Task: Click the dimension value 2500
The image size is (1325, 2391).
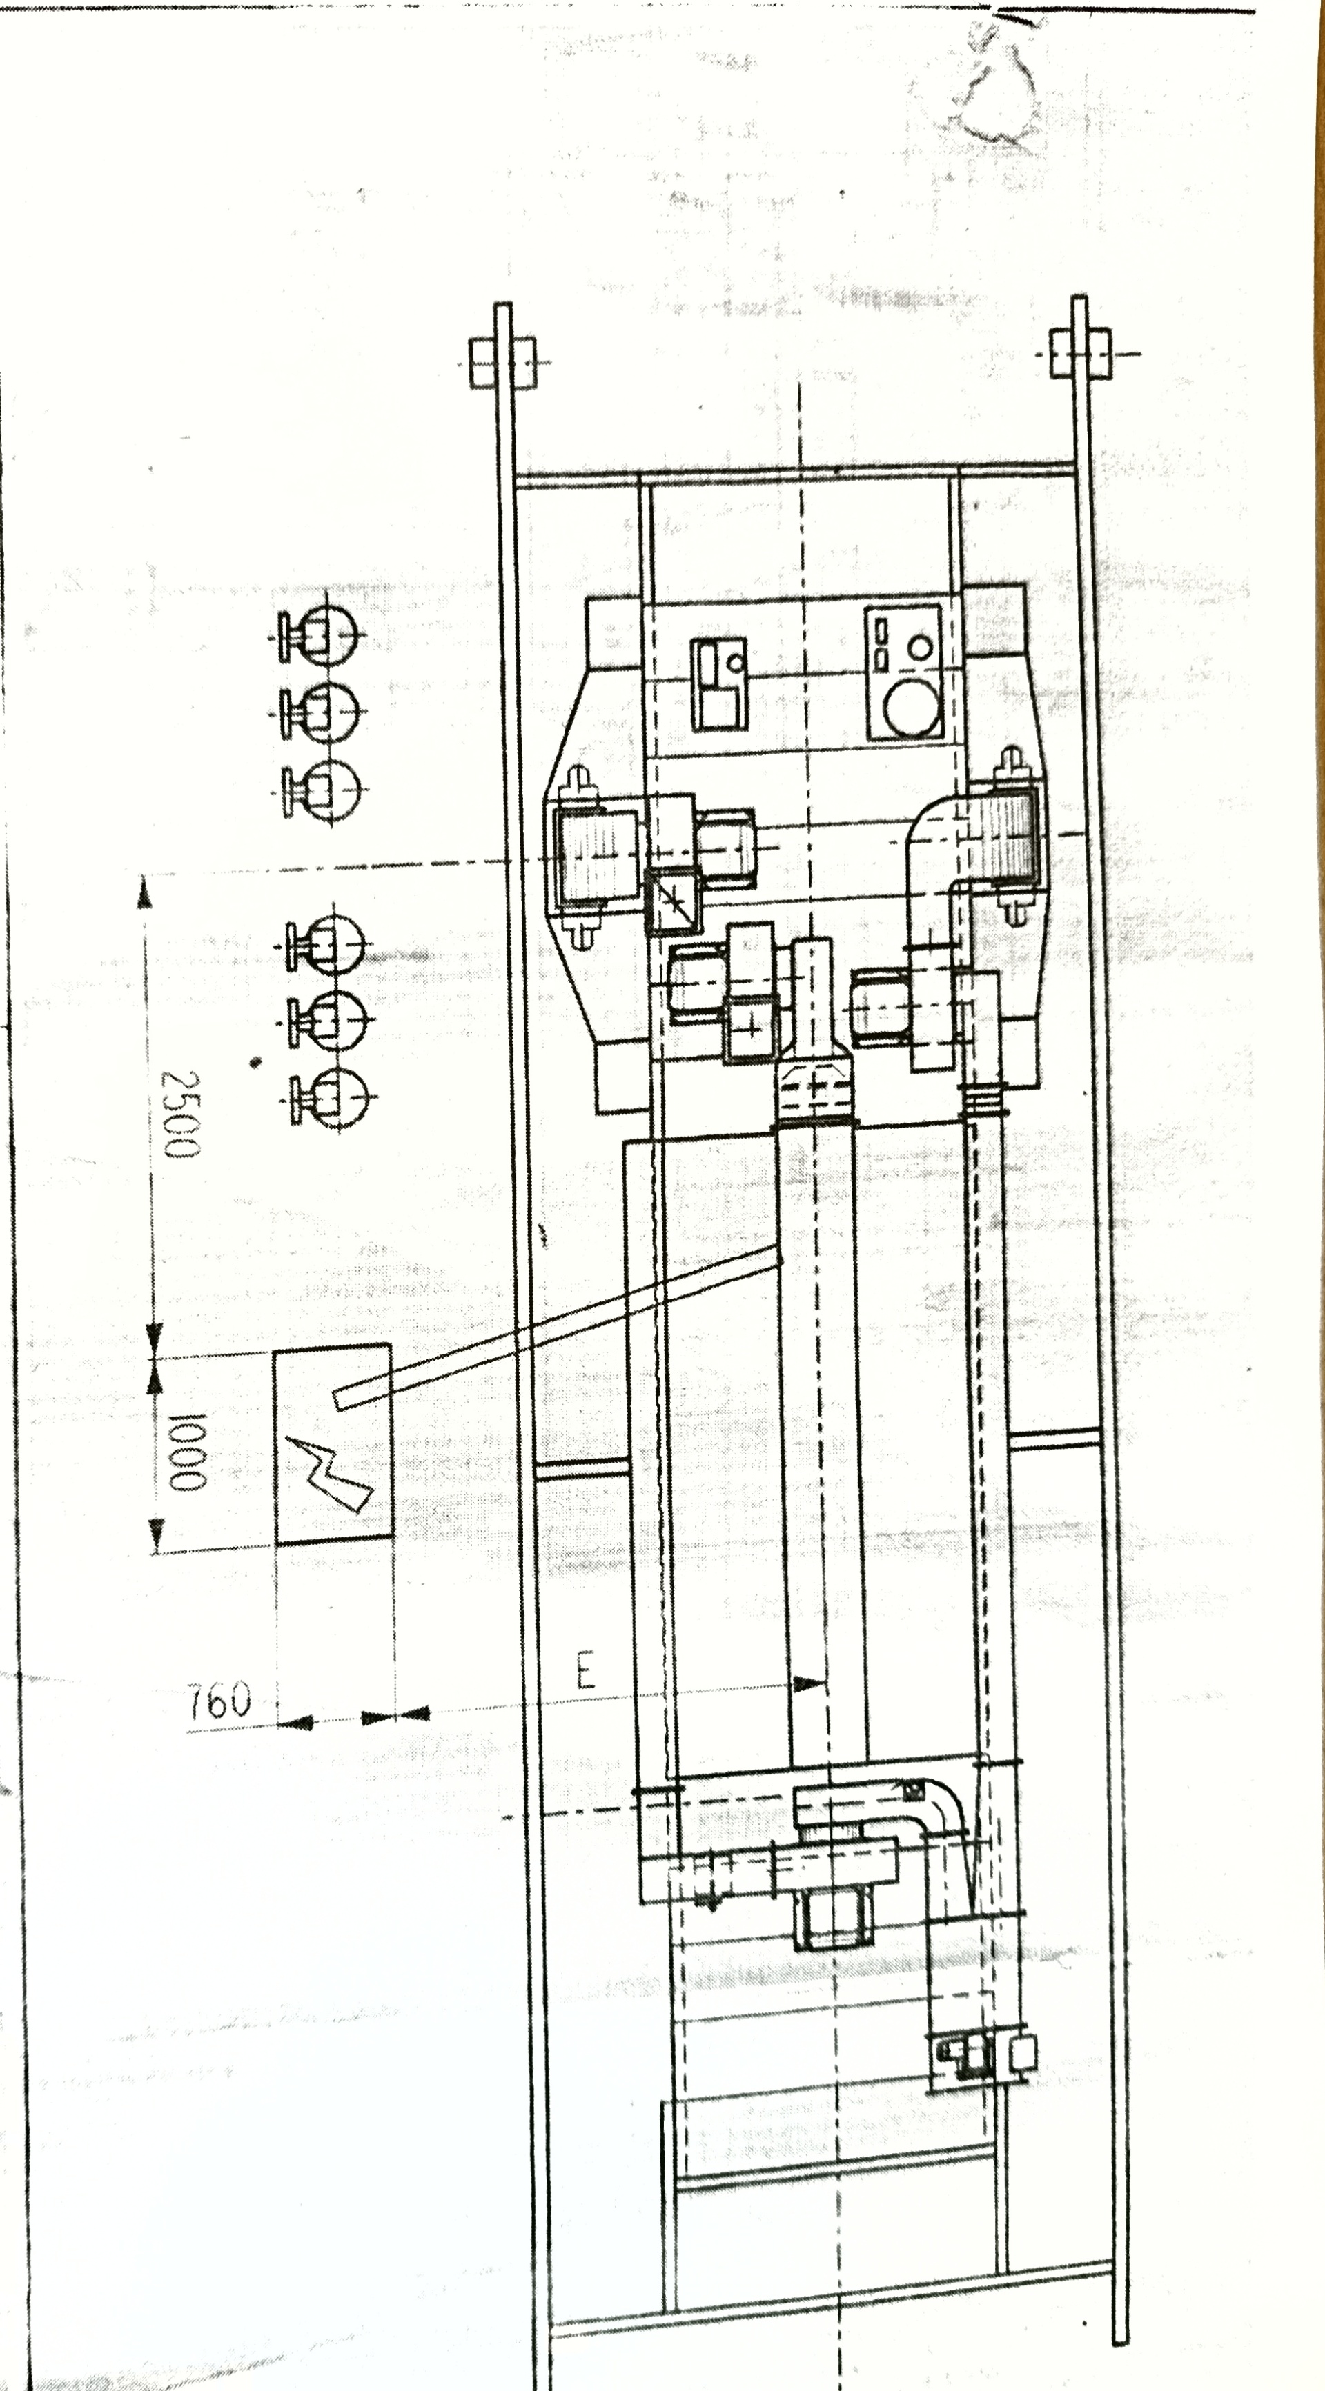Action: coord(180,1114)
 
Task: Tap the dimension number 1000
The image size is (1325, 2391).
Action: coord(186,1452)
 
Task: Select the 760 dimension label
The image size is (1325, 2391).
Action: coord(219,1701)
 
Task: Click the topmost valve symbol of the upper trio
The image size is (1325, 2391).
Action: coord(317,636)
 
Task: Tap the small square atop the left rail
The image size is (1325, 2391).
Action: coord(502,362)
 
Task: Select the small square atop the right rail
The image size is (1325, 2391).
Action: coord(1080,352)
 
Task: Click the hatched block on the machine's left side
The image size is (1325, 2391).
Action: coord(598,856)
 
